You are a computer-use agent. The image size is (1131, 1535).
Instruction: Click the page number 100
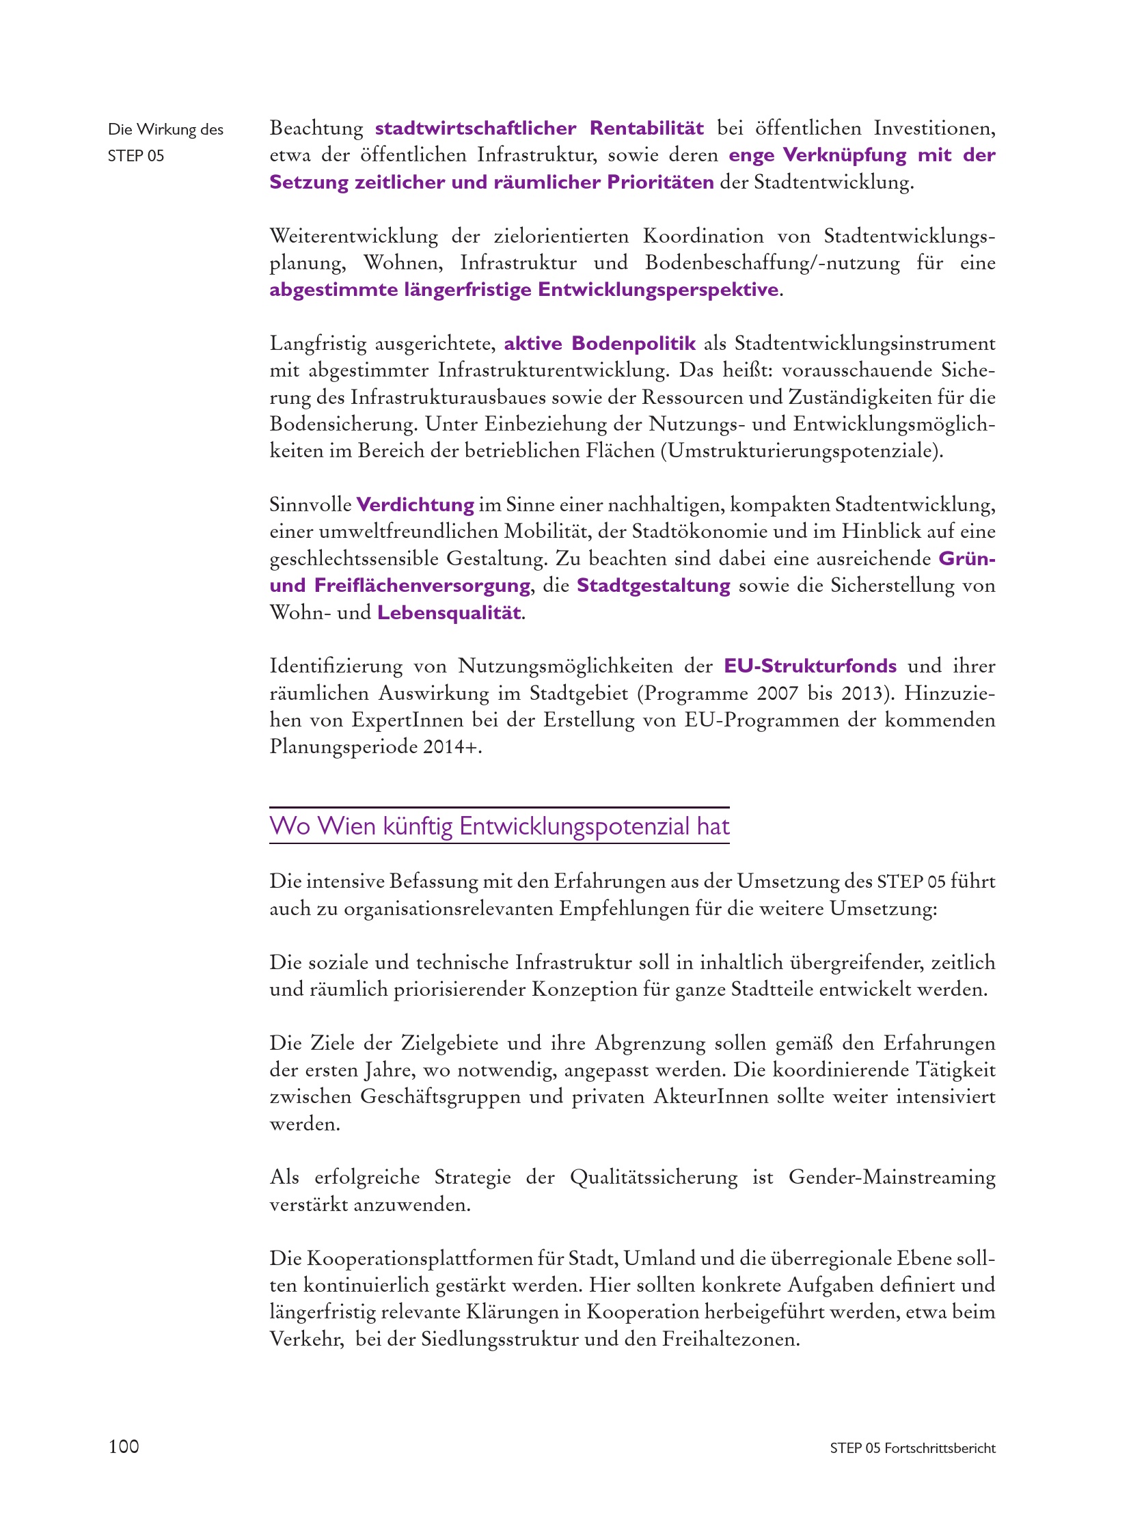click(x=123, y=1446)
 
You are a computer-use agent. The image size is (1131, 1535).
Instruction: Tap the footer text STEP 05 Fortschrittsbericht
click(x=912, y=1448)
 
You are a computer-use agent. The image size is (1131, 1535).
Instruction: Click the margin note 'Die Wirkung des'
click(x=165, y=129)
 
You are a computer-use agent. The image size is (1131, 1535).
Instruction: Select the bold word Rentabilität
click(x=646, y=128)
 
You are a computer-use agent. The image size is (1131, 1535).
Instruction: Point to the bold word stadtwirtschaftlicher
click(x=475, y=128)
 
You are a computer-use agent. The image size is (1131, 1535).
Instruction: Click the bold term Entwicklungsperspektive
click(x=658, y=290)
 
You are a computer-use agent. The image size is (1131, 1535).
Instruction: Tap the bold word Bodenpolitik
click(x=633, y=343)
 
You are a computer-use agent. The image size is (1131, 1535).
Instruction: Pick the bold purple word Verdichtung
click(x=415, y=504)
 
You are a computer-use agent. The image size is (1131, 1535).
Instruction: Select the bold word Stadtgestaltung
click(x=653, y=586)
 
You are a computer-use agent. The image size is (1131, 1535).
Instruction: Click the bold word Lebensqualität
click(x=449, y=612)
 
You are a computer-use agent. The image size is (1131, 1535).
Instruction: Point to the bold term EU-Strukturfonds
click(x=810, y=666)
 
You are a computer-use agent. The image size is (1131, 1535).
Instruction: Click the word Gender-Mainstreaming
click(x=891, y=1177)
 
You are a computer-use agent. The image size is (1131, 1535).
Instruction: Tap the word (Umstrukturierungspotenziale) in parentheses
click(x=802, y=451)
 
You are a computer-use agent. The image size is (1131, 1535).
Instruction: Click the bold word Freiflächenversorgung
click(x=422, y=586)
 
